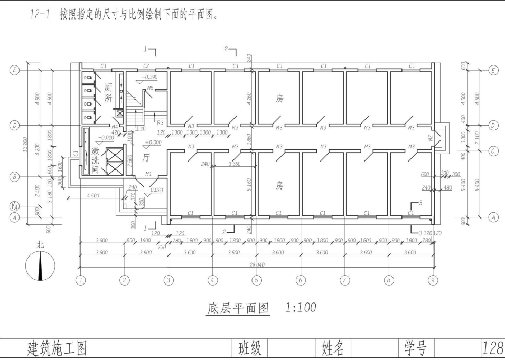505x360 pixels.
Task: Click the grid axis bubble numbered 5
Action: [x=256, y=280]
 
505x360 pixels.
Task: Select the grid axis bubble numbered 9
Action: [x=433, y=280]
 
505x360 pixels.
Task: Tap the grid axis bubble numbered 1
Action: [x=80, y=280]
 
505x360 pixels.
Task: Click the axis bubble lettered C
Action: [x=493, y=151]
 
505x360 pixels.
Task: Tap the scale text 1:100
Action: [x=301, y=307]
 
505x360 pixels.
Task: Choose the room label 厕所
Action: [x=108, y=93]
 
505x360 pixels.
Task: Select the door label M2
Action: [x=431, y=138]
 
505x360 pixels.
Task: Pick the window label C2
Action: [x=146, y=66]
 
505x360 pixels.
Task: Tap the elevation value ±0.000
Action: [x=153, y=143]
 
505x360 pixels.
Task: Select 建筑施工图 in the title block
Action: [x=57, y=348]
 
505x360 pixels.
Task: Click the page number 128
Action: [x=492, y=348]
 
